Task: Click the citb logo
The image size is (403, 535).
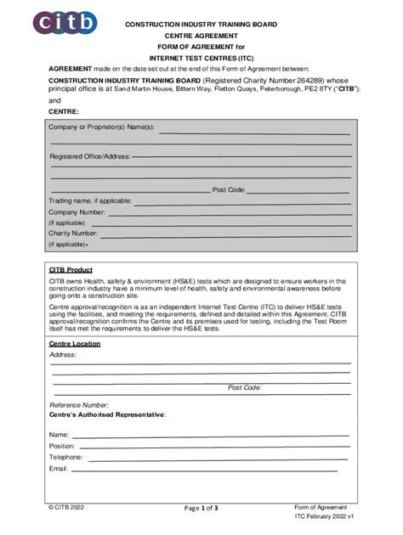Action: tap(66, 23)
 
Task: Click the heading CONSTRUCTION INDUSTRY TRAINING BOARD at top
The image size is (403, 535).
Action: tap(201, 25)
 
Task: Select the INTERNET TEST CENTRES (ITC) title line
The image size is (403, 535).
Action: tap(201, 57)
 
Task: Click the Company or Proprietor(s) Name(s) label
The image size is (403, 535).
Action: tap(101, 127)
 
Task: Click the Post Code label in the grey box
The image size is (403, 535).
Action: tap(229, 190)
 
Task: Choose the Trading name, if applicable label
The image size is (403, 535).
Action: tap(90, 200)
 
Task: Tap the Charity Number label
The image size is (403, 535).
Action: tap(73, 233)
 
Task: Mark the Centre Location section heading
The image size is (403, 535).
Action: tap(74, 344)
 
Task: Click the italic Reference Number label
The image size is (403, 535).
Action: tap(78, 405)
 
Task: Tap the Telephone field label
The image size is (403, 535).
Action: tap(65, 457)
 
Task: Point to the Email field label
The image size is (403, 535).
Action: tap(58, 468)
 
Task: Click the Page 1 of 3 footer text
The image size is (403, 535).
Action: tap(201, 508)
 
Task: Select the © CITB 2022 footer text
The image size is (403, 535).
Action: tap(66, 507)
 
